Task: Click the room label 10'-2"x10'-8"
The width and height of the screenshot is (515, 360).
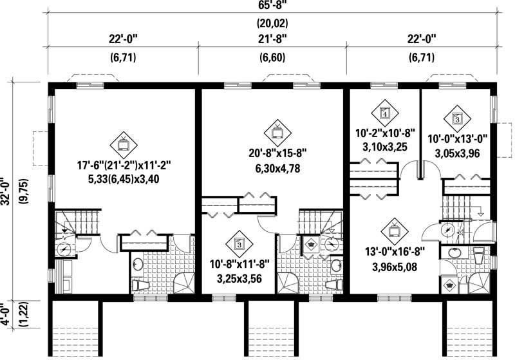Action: click(384, 134)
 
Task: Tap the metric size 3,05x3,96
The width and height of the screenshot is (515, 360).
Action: click(457, 153)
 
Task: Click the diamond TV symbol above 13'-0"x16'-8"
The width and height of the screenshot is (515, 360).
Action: click(393, 230)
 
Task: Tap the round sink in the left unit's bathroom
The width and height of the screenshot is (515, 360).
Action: click(138, 262)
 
